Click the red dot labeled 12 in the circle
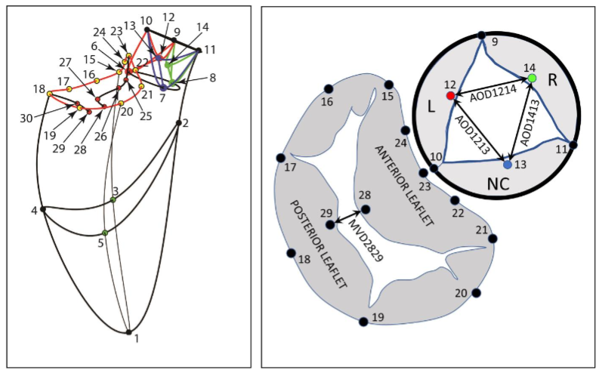coord(451,96)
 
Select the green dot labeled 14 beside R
coord(532,78)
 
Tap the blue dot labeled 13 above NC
coord(508,164)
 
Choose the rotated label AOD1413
coord(528,120)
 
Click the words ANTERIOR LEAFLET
coord(403,184)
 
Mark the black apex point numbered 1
coord(128,332)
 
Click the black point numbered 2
coord(178,122)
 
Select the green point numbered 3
coord(113,200)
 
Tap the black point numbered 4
coord(43,209)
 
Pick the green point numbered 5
coord(105,233)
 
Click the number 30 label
coord(26,118)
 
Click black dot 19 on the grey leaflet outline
coord(363,322)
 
